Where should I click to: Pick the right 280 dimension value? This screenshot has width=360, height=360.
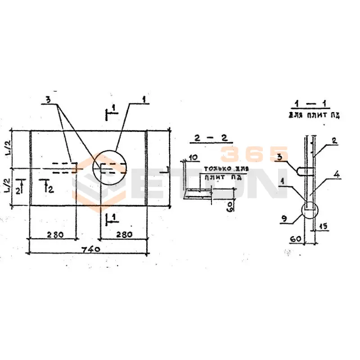click(123, 234)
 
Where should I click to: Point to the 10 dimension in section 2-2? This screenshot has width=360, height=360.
click(193, 157)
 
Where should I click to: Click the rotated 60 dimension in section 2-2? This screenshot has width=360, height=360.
click(230, 207)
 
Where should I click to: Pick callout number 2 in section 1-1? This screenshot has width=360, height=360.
click(334, 140)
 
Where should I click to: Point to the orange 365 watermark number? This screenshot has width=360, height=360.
click(254, 154)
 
